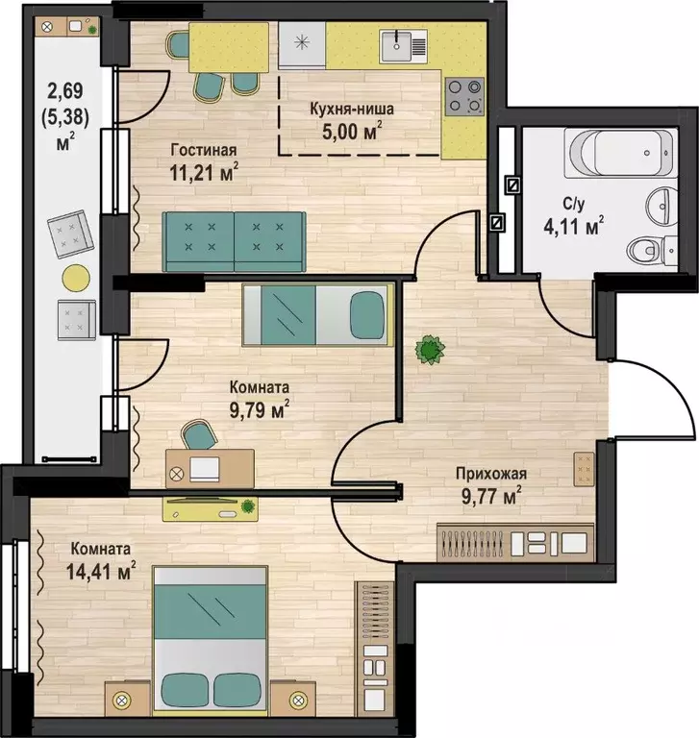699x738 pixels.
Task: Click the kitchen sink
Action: pyautogui.click(x=404, y=46)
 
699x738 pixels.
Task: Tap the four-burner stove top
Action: pyautogui.click(x=465, y=96)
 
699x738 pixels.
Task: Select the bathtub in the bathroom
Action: pyautogui.click(x=621, y=153)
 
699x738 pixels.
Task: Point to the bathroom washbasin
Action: pyautogui.click(x=663, y=207)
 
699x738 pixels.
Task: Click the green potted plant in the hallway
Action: pyautogui.click(x=430, y=350)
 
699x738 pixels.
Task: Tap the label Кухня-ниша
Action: pyautogui.click(x=352, y=110)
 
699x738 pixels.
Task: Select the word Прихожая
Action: pyautogui.click(x=490, y=474)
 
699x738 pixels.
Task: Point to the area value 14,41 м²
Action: pyautogui.click(x=101, y=572)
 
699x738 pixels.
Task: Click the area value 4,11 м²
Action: pyautogui.click(x=574, y=227)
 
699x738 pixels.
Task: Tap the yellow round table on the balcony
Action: pyautogui.click(x=76, y=278)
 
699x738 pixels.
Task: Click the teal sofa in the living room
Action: pyautogui.click(x=234, y=242)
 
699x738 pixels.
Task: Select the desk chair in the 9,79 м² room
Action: pyautogui.click(x=199, y=434)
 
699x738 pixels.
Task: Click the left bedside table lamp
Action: pyautogui.click(x=121, y=701)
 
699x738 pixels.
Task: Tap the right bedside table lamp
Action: pyautogui.click(x=298, y=701)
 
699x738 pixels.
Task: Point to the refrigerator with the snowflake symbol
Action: pyautogui.click(x=302, y=45)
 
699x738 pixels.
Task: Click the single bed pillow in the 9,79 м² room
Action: pyautogui.click(x=368, y=314)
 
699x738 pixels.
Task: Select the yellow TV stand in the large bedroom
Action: pyautogui.click(x=211, y=508)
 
